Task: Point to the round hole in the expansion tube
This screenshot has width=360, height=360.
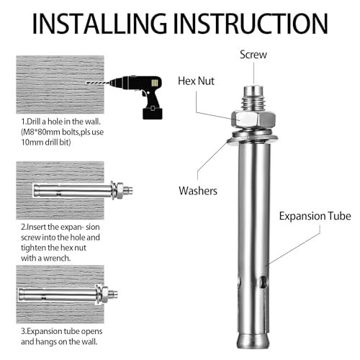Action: [266, 282]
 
